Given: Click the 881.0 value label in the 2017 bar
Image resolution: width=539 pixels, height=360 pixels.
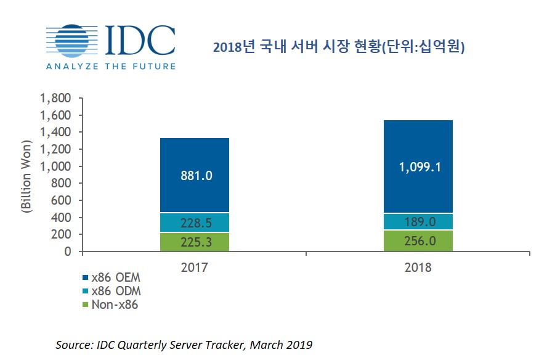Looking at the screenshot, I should click(194, 176).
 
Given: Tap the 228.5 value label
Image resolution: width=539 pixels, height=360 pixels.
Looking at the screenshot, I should click(194, 223).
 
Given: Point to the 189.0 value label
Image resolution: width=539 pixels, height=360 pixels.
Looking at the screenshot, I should click(419, 221).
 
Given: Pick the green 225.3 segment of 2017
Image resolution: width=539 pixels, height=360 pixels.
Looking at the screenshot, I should click(194, 242).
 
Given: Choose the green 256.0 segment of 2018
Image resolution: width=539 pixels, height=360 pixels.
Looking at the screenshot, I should click(419, 241).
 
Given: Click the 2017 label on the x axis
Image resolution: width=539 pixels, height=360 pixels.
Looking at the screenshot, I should click(195, 268).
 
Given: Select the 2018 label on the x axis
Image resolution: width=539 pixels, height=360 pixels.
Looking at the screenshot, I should click(419, 268).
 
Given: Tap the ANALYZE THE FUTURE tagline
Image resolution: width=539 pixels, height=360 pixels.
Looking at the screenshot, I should click(110, 66).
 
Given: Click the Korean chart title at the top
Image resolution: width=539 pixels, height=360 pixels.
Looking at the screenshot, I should click(338, 47).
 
